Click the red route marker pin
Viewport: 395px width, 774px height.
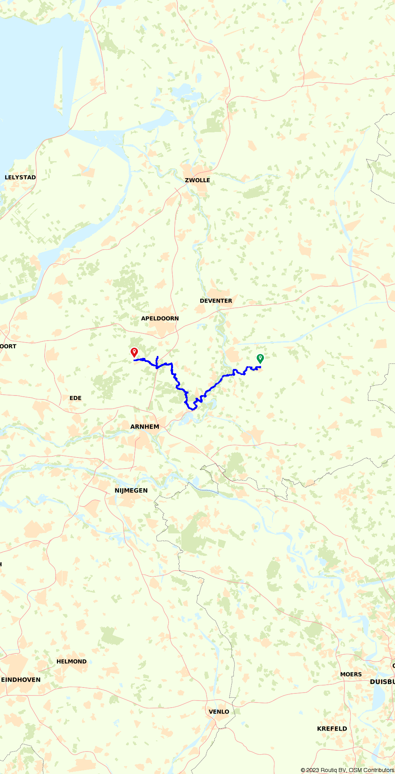pyautogui.click(x=134, y=352)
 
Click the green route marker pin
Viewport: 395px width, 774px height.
pyautogui.click(x=260, y=358)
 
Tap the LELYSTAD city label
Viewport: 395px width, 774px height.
pyautogui.click(x=20, y=177)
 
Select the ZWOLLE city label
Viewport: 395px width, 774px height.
pyautogui.click(x=197, y=180)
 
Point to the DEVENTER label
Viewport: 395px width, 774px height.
pyautogui.click(x=216, y=301)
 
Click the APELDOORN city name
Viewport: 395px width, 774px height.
pyautogui.click(x=160, y=318)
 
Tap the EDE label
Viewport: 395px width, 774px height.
pyautogui.click(x=75, y=398)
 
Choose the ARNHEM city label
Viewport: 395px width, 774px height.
pyautogui.click(x=145, y=427)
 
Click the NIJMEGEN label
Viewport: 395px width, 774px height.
pyautogui.click(x=131, y=490)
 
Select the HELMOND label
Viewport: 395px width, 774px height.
pyautogui.click(x=71, y=661)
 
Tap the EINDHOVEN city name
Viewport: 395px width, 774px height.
pyautogui.click(x=21, y=680)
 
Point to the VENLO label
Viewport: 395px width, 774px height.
pyautogui.click(x=219, y=712)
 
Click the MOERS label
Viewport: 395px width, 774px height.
pyautogui.click(x=351, y=674)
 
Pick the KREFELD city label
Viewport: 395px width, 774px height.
pyautogui.click(x=332, y=729)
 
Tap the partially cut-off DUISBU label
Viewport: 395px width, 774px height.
pyautogui.click(x=382, y=682)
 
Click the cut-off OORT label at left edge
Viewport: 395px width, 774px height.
pyautogui.click(x=8, y=346)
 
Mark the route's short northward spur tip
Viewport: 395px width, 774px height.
pyautogui.click(x=158, y=357)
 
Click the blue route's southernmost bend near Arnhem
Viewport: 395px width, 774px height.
pyautogui.click(x=193, y=409)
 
